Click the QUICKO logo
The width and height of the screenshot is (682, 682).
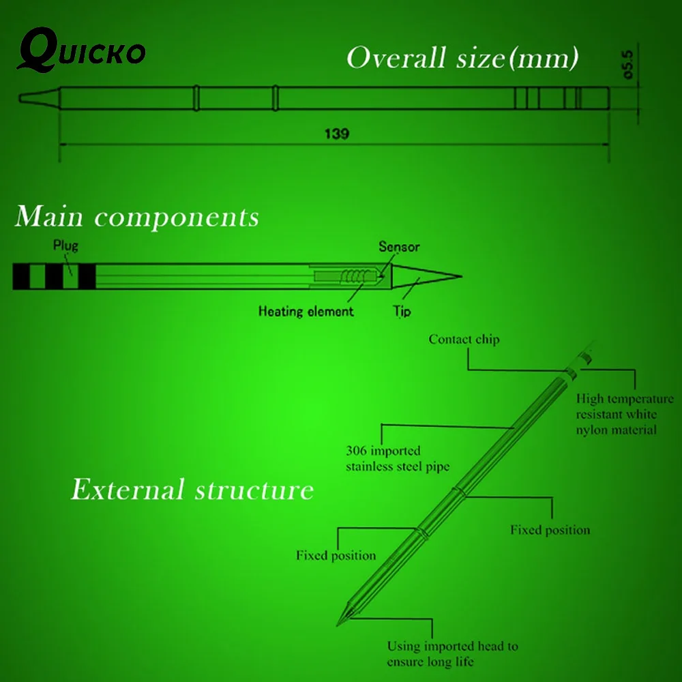coord(81,50)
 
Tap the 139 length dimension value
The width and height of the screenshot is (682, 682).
coord(337,134)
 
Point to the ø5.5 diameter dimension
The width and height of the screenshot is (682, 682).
coord(628,64)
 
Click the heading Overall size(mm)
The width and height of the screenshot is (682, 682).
coord(462,57)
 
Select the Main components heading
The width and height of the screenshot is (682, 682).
coord(137,216)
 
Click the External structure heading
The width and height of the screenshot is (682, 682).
coord(192,489)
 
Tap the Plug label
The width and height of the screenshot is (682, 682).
coord(65,246)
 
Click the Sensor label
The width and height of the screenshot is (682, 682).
coord(399,247)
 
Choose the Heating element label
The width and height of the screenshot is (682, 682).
coord(306,312)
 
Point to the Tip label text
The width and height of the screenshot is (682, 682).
coord(402,312)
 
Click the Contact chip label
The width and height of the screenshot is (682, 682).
coord(464,339)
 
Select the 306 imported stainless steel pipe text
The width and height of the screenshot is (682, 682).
coord(398,458)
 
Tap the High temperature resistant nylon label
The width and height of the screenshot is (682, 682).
coord(625,414)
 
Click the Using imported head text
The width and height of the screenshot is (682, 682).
coord(452,654)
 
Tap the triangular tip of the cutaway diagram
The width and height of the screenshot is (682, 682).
coord(426,276)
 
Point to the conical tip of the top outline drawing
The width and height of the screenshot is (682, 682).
coord(39,98)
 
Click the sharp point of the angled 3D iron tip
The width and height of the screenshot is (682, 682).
coord(337,626)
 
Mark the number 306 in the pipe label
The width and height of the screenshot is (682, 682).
coord(356,451)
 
